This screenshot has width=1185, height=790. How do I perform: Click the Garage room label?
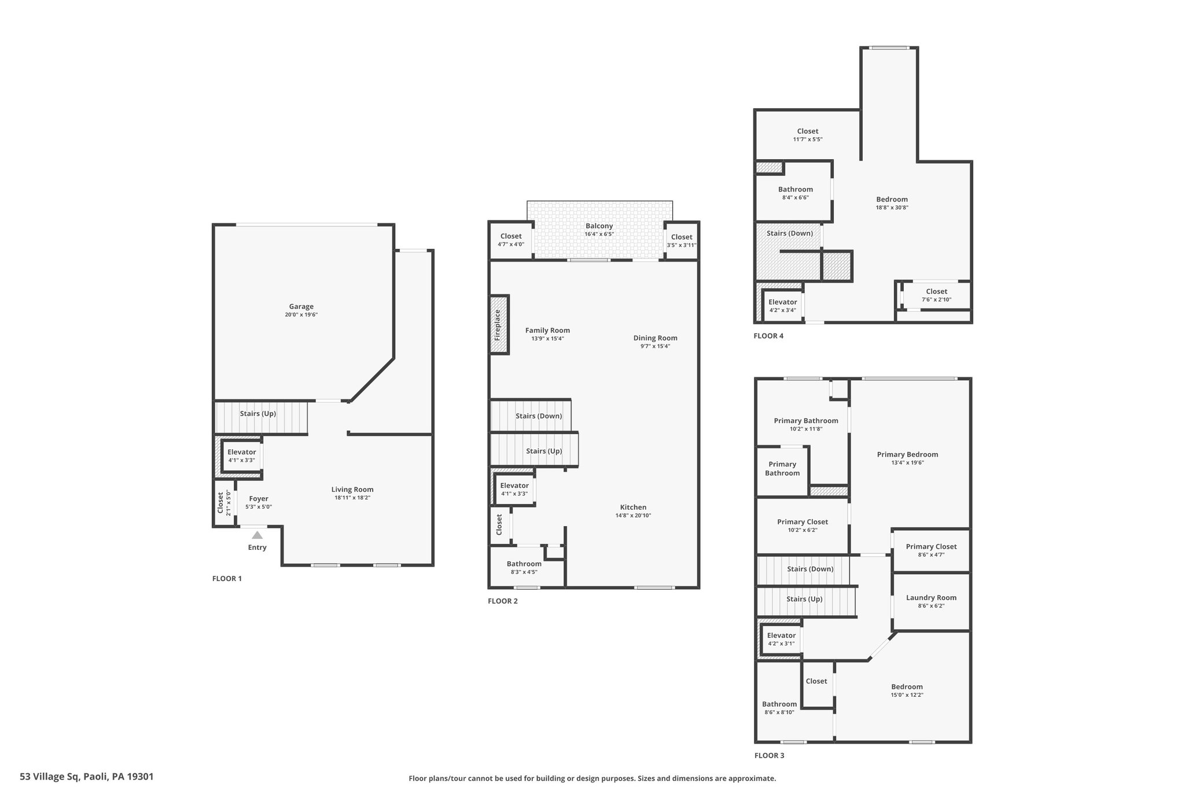coord(301,307)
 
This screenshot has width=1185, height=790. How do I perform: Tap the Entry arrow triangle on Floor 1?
coord(257,535)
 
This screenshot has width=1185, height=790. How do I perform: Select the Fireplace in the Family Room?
coord(499,325)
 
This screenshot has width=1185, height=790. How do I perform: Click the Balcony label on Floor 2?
coord(599,226)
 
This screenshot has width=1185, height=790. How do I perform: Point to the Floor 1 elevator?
coord(242,456)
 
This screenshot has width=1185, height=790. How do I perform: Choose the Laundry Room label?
coord(931,598)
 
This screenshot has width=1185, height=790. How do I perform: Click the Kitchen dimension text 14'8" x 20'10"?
coord(633,516)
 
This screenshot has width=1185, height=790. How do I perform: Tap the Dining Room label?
coord(655,338)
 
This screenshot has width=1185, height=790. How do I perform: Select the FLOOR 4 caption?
coord(768,336)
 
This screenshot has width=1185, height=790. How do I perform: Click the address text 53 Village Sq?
coord(50,777)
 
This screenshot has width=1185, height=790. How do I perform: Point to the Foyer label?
coord(259,499)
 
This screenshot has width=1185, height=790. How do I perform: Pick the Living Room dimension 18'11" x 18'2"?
coord(352,498)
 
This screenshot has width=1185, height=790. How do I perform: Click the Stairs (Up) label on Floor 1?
coord(258,414)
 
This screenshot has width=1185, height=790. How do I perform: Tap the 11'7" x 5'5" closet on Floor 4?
coord(808,135)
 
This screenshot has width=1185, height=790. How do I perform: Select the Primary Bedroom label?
coord(907,454)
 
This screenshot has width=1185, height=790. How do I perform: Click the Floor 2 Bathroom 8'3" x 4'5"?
coord(524,568)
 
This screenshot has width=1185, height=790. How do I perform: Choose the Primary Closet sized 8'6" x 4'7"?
coord(931,550)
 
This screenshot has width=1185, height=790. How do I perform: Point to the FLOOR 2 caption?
coord(503,601)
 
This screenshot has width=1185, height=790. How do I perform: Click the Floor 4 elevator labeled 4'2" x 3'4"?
coord(782,306)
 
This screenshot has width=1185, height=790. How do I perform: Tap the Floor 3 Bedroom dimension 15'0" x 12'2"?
coord(907,695)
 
